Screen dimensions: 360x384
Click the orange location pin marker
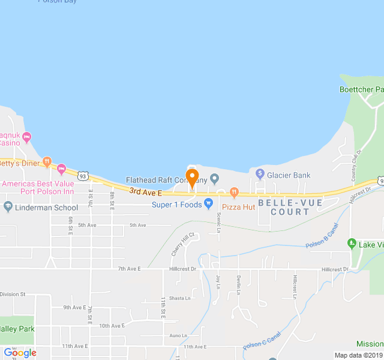pos(192,178)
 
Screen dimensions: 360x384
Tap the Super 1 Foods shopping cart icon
pos(208,204)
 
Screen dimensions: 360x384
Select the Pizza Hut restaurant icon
pos(234,193)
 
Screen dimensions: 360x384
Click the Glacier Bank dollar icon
pos(260,175)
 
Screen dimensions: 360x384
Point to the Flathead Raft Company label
pos(166,180)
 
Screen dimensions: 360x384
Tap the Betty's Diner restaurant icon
pos(47,163)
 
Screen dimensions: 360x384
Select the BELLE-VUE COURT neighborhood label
pos(290,207)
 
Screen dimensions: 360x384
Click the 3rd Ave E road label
pos(145,192)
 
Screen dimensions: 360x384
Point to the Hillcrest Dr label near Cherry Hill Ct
pos(183,269)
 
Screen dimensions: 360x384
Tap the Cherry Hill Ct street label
pos(183,244)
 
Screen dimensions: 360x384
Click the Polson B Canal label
pos(323,238)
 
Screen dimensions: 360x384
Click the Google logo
pos(20,353)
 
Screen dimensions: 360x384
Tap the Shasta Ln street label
pos(179,298)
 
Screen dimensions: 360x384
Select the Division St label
pos(13,295)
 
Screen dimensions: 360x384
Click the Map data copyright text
pos(358,355)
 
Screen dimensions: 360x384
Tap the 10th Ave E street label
pos(112,326)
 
